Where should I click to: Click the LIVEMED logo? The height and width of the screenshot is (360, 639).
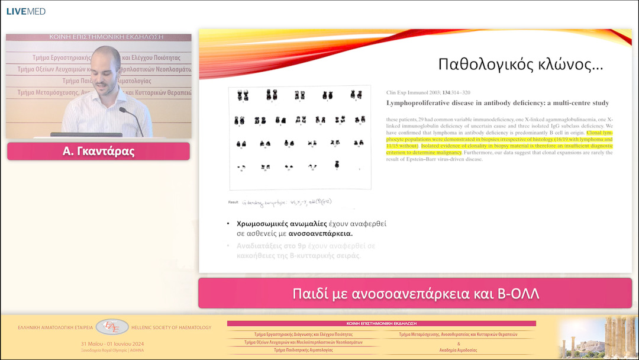[25, 11]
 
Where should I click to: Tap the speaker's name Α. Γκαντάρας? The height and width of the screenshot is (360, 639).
[98, 152]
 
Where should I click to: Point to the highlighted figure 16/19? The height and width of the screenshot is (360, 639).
[546, 140]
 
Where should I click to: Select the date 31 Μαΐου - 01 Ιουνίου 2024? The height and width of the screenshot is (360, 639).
[112, 344]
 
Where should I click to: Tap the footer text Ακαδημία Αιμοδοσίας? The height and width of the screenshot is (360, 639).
[459, 350]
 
